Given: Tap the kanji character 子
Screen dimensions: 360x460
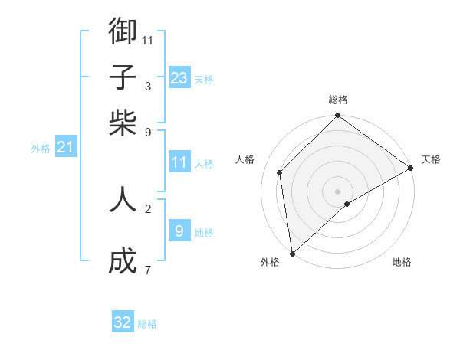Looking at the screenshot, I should (x=123, y=77).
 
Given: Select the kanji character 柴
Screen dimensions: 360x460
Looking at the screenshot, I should (x=123, y=123).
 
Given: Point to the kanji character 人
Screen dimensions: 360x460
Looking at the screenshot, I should (x=123, y=200).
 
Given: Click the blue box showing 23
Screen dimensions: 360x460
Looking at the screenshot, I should (x=179, y=77).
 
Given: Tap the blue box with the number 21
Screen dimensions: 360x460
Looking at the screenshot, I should (x=65, y=147).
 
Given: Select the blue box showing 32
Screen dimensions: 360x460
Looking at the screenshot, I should (x=123, y=322).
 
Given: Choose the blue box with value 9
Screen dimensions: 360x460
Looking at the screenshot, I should (x=179, y=231).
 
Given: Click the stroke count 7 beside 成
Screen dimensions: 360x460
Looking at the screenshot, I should (x=147, y=270).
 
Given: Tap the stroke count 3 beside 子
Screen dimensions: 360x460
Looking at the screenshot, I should (x=147, y=86).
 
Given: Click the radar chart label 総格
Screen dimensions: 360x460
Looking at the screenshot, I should (x=338, y=100).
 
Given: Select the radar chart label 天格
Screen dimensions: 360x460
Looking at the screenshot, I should (x=431, y=159).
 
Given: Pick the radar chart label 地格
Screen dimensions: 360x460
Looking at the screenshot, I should (x=402, y=262).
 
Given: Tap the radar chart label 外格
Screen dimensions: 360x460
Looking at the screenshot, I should (x=270, y=262).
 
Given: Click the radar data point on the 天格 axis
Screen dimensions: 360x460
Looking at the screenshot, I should (x=411, y=168).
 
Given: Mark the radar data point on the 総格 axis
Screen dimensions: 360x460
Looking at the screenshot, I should (x=338, y=117).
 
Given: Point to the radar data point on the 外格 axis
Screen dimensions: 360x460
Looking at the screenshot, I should (x=292, y=253).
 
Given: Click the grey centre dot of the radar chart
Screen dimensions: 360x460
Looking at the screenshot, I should (x=338, y=191).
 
